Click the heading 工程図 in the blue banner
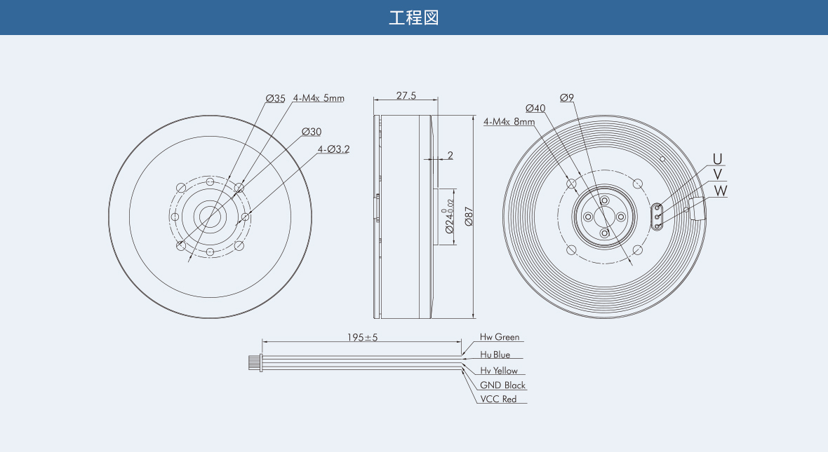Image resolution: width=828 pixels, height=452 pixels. click(413, 18)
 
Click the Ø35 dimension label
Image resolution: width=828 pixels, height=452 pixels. click(276, 99)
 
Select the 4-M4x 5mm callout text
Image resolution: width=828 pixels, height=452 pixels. click(319, 98)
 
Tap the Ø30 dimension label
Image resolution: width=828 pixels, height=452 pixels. click(312, 132)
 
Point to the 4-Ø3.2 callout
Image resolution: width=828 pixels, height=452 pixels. click(334, 149)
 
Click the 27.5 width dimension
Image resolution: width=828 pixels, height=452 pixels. click(406, 95)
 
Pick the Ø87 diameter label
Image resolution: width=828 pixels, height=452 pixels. click(469, 217)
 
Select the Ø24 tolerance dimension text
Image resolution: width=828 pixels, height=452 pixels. click(449, 217)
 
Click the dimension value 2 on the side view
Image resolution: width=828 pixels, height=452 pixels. click(450, 155)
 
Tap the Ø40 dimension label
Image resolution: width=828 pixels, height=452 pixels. click(535, 108)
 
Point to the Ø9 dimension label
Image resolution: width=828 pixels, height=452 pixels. click(566, 97)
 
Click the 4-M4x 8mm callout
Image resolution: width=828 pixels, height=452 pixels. click(509, 122)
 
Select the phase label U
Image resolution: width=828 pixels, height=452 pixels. click(717, 159)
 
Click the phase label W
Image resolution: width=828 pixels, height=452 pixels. click(720, 191)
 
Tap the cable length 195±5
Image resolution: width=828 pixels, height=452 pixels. click(362, 338)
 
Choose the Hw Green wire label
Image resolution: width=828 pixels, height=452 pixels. click(500, 337)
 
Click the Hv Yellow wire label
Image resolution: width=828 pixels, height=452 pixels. click(499, 371)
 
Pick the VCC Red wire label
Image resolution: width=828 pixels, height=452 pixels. click(498, 399)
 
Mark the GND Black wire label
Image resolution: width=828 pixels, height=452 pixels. click(502, 385)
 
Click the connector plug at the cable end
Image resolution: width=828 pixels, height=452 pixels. click(255, 362)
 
